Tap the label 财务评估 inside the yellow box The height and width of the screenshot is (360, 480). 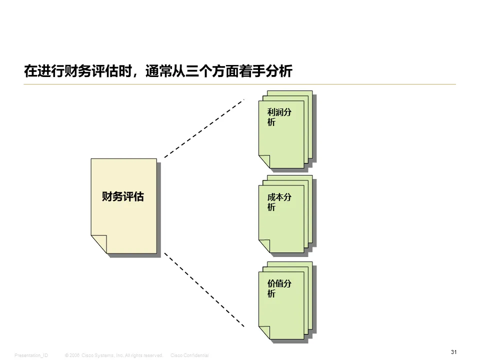point(122,196)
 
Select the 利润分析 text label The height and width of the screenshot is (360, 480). point(279,117)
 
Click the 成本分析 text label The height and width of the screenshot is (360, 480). point(279,202)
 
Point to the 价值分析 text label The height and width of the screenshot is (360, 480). point(279,288)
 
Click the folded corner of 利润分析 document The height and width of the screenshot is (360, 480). point(264,161)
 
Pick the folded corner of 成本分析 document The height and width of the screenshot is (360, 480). point(264,246)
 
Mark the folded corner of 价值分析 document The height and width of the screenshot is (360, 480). point(264,332)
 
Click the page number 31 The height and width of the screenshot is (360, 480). point(453,352)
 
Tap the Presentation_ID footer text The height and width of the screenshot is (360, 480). point(31,355)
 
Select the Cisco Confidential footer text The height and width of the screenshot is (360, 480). point(189,355)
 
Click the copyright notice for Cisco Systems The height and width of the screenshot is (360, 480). point(114,355)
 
